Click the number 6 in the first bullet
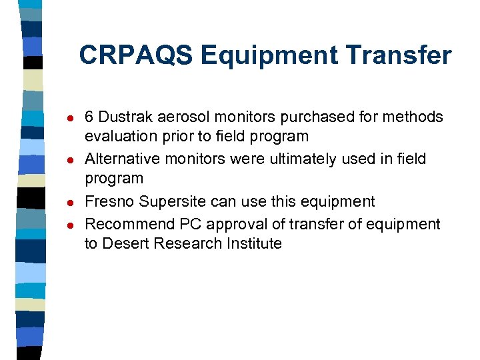click(x=89, y=117)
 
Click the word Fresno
click(x=107, y=201)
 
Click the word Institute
click(x=255, y=243)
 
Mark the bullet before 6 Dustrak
click(x=61, y=119)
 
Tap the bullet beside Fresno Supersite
click(x=61, y=203)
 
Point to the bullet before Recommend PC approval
click(x=61, y=225)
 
